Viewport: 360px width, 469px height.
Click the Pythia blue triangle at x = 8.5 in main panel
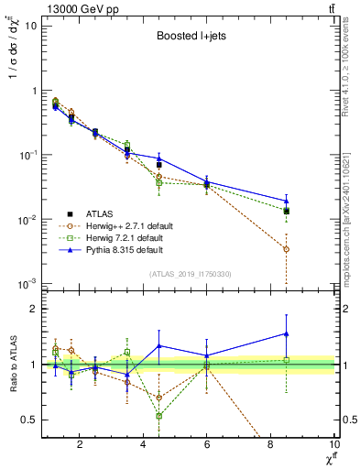tap(287, 201)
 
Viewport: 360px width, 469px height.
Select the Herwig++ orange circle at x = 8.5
tap(287, 249)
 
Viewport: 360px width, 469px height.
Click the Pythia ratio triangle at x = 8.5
tap(287, 333)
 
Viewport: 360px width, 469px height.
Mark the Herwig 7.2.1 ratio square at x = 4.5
tap(158, 416)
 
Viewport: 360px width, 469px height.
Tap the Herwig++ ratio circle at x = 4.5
tap(158, 398)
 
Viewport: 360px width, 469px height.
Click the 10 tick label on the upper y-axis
tap(30, 26)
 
